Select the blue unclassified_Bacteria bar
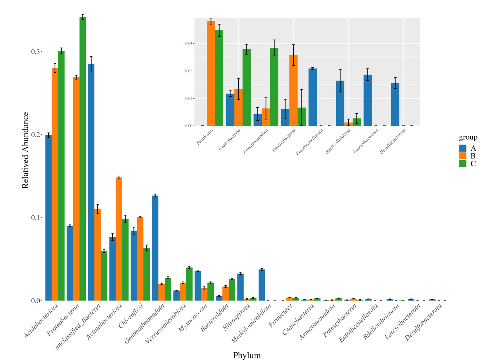pos(91,182)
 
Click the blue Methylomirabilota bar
pos(262,285)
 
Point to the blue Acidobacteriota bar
pos(49,218)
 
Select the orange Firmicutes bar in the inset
pos(211,73)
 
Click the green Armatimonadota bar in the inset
pos(274,87)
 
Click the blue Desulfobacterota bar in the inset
pos(395,104)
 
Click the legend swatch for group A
pos(463,148)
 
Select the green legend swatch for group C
pos(463,164)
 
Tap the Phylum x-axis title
pos(247,355)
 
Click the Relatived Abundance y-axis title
pos(25,150)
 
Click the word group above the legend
pos(468,138)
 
